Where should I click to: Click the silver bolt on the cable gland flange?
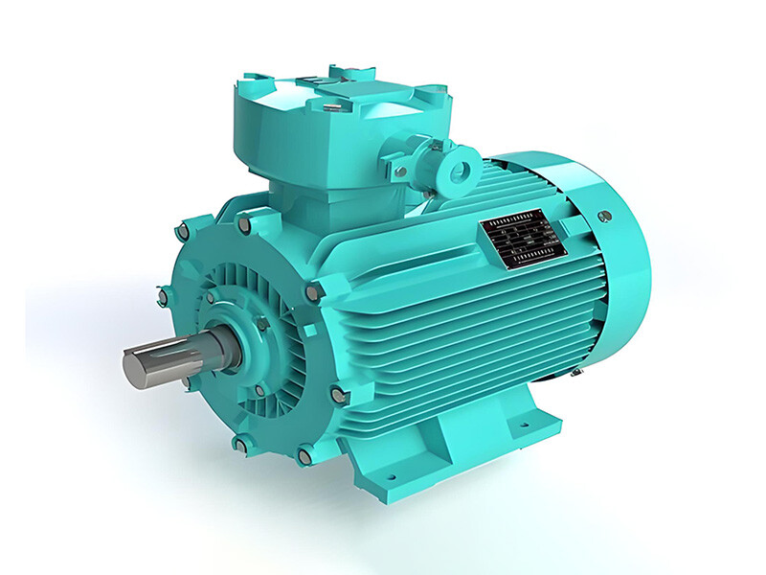coord(400,172)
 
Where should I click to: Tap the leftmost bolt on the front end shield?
coord(163,299)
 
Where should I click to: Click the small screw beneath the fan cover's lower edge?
coord(578,372)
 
